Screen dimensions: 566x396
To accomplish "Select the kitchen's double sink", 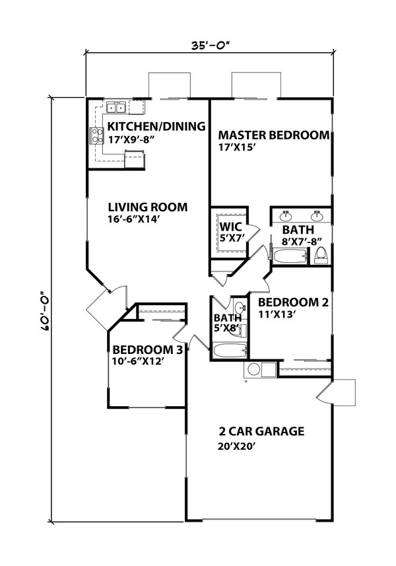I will point(119,107).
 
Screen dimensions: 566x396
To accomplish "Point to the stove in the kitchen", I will point(96,135).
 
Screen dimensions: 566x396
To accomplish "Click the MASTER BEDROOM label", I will point(273,135).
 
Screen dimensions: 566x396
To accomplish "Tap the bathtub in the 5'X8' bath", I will point(229,351).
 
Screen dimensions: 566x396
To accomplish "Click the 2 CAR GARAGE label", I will point(261,432).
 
